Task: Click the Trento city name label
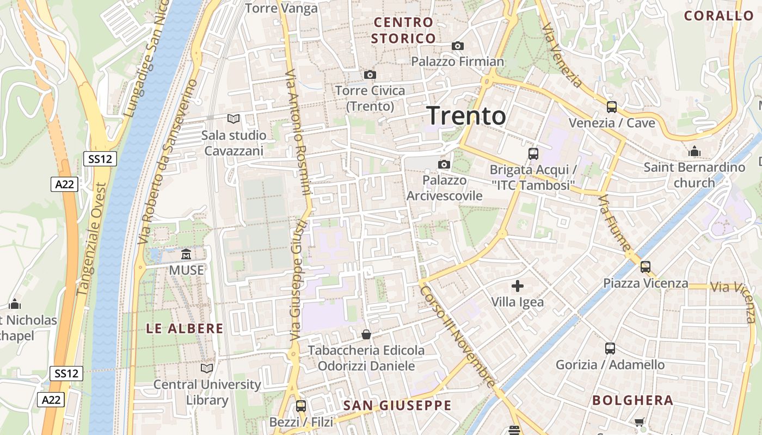(466, 116)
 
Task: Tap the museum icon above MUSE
(186, 254)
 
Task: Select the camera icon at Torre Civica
(370, 74)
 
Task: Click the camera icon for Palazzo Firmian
(457, 46)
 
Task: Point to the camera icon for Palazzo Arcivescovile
(444, 164)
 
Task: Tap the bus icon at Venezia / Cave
(612, 107)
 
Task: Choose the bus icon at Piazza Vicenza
(646, 267)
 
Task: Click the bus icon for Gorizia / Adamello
(610, 349)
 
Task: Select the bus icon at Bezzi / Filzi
(300, 406)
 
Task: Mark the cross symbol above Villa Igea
(517, 285)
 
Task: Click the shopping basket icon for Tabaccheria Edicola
(366, 334)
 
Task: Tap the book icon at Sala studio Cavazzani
(233, 119)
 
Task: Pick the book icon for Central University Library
(207, 368)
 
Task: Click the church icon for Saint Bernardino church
(695, 151)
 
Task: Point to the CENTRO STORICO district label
(403, 30)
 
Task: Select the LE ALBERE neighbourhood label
(185, 328)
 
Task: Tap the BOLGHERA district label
(632, 401)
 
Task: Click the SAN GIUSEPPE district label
(397, 405)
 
